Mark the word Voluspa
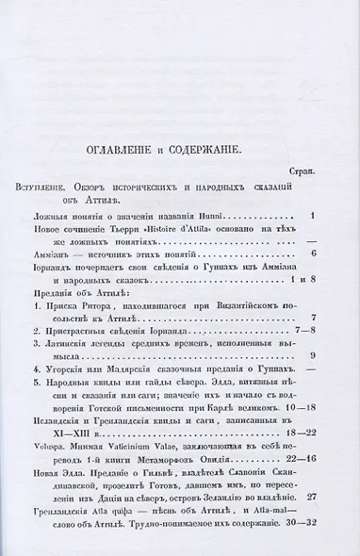point(70,477)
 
